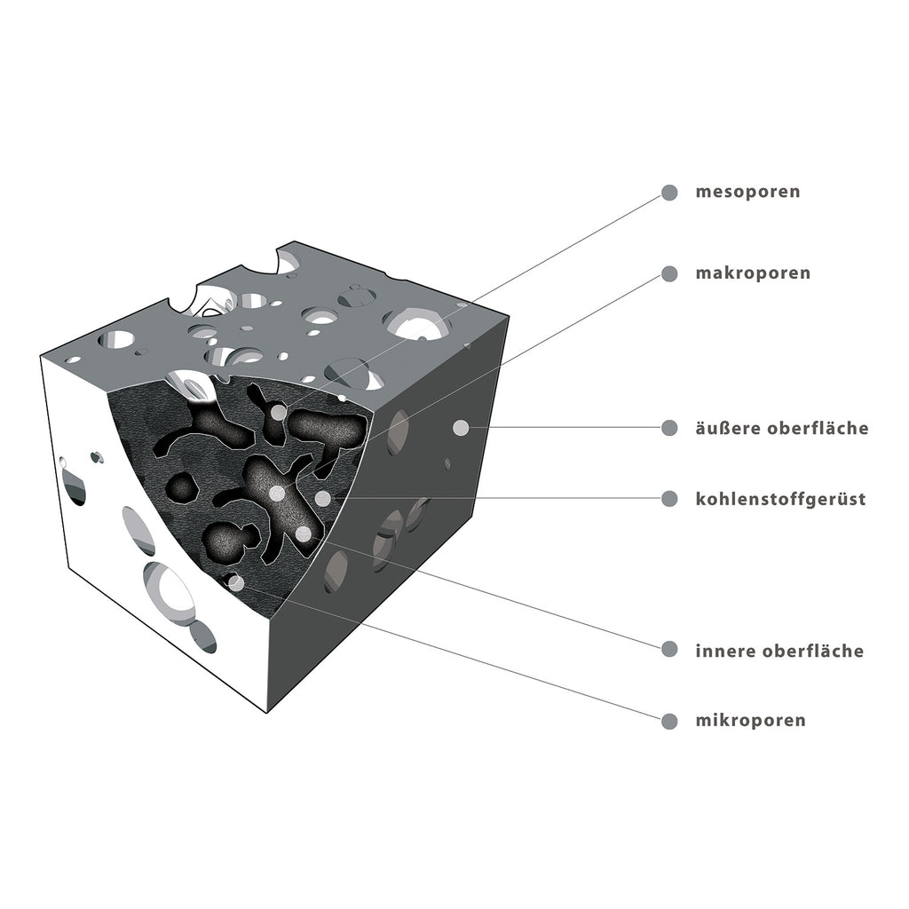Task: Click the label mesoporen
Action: point(747,192)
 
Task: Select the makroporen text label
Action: point(753,273)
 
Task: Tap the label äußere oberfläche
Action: point(781,428)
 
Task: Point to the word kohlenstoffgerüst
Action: point(780,499)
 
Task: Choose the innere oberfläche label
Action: point(779,651)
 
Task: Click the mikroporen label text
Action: point(750,721)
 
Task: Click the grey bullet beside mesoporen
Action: point(669,193)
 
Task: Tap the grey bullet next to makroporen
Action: point(669,273)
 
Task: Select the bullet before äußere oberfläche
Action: point(669,428)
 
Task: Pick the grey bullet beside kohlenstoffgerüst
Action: point(669,499)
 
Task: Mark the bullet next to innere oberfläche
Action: point(669,649)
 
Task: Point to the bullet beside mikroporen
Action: point(669,721)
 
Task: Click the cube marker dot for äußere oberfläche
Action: point(461,428)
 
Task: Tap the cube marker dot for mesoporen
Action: point(279,413)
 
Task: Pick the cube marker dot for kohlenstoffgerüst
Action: point(323,498)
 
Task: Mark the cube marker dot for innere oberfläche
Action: point(303,534)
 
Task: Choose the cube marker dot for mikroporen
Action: point(236,583)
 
